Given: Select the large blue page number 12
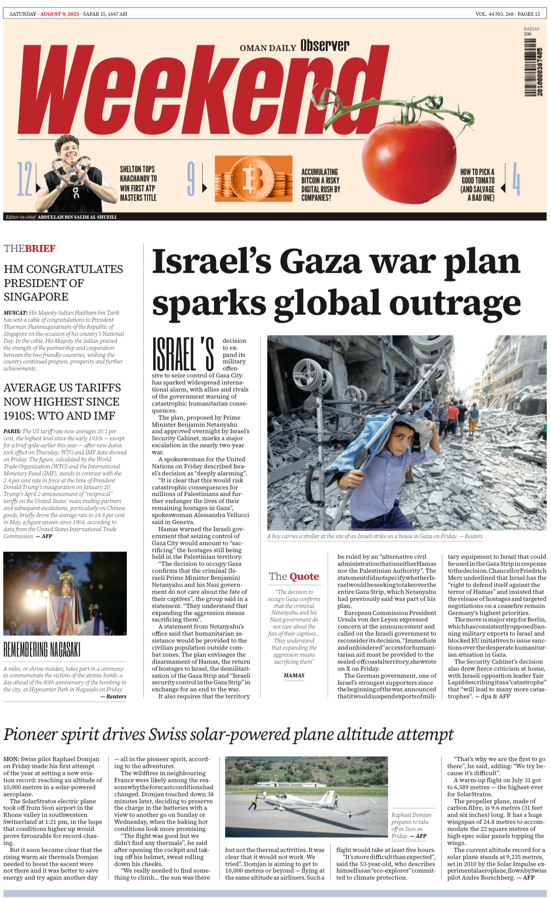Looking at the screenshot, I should point(24,178).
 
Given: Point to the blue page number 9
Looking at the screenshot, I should point(191,178).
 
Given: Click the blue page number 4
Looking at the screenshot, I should point(515,178).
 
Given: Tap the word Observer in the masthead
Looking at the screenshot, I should point(324,45).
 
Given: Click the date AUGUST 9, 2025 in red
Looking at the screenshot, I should point(59,14).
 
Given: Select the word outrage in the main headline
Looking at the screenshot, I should point(455,304).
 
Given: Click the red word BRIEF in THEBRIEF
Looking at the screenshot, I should point(40,249).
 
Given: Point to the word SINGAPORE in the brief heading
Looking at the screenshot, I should point(36,297).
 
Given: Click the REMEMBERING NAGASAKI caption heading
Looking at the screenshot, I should point(42,650).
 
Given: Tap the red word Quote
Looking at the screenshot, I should point(304,577).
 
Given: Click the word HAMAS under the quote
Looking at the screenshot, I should point(294,675).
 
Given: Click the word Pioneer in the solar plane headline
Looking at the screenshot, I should point(31,734).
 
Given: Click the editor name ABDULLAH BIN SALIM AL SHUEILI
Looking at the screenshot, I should point(77,217).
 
